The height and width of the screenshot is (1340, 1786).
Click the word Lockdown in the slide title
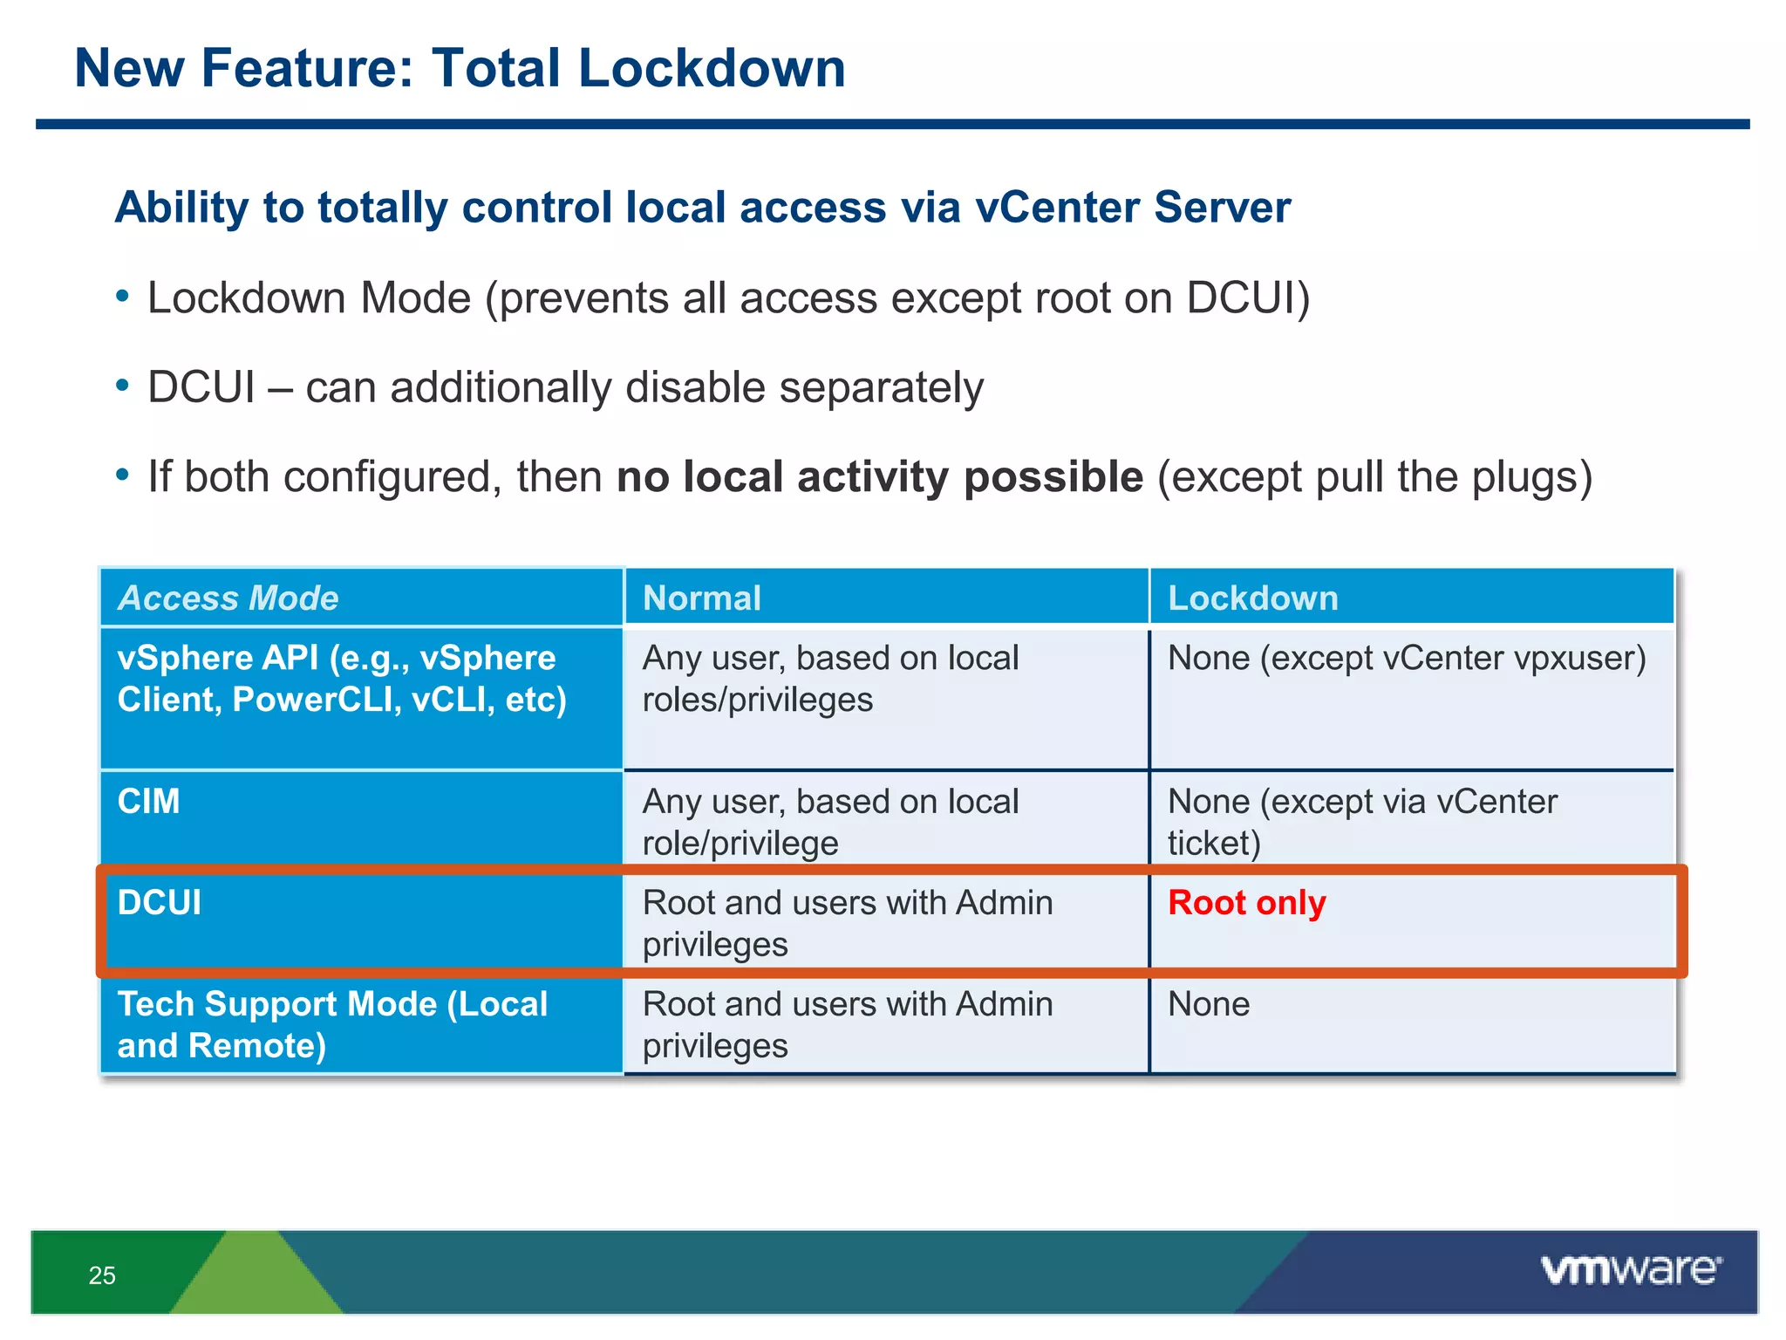(712, 68)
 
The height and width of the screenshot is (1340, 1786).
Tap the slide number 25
(102, 1275)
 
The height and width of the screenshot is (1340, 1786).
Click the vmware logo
(1631, 1269)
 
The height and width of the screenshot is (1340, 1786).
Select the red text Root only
(1246, 903)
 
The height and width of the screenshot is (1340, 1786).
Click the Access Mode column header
(228, 598)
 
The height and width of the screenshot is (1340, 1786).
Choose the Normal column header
(702, 598)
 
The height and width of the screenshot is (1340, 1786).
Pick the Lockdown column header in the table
(1252, 598)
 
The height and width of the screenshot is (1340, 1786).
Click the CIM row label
(149, 802)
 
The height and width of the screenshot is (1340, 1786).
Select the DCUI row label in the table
(160, 903)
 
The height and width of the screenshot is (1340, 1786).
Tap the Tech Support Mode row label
(331, 1025)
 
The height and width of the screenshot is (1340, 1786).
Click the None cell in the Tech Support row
(1209, 1004)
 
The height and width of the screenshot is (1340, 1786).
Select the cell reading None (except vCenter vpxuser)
(1406, 659)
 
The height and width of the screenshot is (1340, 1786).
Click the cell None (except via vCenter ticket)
(1361, 822)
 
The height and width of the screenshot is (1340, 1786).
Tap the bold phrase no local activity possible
(879, 477)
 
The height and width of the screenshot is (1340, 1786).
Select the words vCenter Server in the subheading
(1133, 208)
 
